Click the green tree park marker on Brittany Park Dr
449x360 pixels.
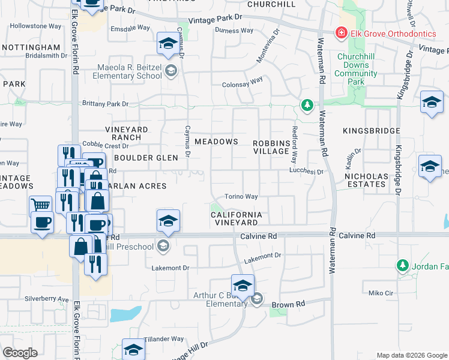point(307,106)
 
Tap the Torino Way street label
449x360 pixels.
point(241,196)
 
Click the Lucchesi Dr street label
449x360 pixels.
point(306,171)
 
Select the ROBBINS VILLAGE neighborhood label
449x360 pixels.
point(271,146)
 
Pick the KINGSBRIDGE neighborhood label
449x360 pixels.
point(371,130)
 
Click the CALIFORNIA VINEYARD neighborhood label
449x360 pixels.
point(237,218)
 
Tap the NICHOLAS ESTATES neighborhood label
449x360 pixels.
point(365,180)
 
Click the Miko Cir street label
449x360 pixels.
point(381,293)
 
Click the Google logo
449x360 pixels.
point(20,353)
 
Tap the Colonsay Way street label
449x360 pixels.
point(243,85)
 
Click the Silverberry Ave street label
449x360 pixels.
point(47,298)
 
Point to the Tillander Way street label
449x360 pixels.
point(163,339)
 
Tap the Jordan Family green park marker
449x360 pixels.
point(402,265)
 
